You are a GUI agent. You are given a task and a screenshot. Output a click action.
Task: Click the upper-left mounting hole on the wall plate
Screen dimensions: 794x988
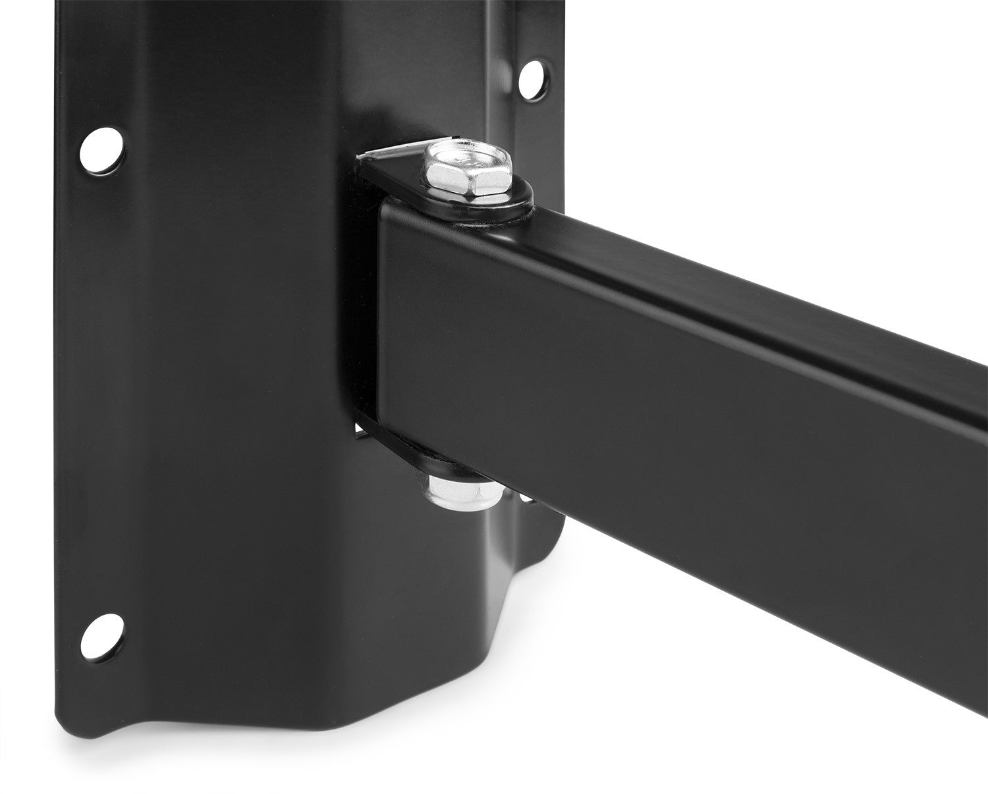click(101, 147)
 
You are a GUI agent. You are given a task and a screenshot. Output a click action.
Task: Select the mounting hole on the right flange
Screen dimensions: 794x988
click(532, 78)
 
